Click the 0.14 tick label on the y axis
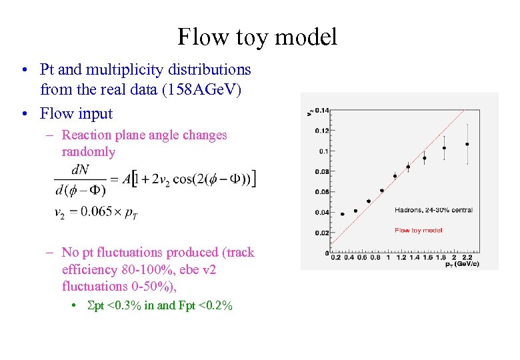pos(321,110)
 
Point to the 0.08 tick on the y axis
pos(321,171)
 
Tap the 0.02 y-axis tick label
pos(321,233)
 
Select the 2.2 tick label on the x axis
pos(467,257)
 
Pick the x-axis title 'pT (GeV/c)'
pos(461,264)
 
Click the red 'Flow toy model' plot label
pos(418,230)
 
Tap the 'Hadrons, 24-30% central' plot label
pos(433,210)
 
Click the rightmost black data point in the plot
pos(467,144)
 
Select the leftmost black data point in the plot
pos(342,214)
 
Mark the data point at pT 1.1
pos(395,176)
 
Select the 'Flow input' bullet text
pos(76,113)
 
